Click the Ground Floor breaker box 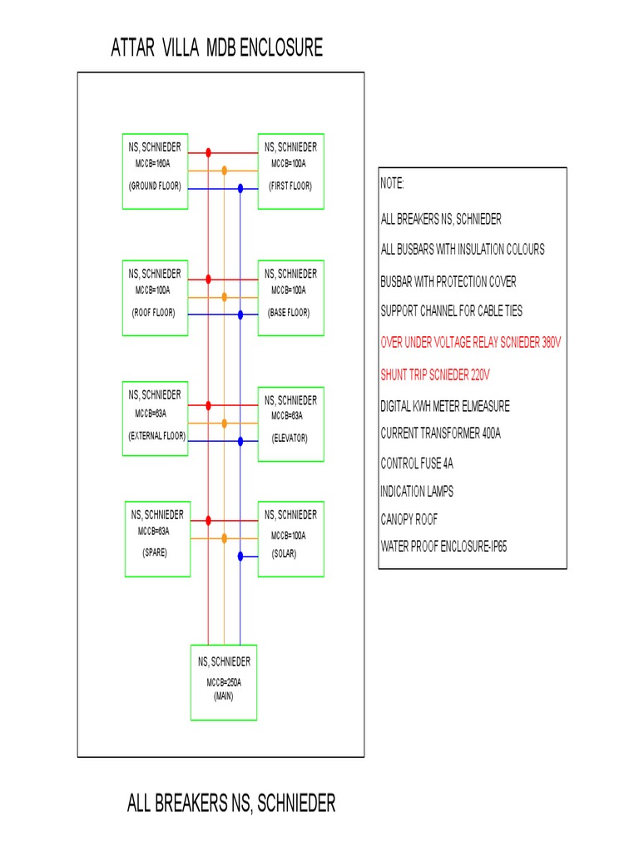pyautogui.click(x=155, y=171)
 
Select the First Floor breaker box pyautogui.click(x=290, y=171)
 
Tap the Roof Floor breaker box pyautogui.click(x=155, y=298)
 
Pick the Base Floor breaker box pyautogui.click(x=290, y=298)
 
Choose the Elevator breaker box pyautogui.click(x=290, y=424)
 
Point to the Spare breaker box pyautogui.click(x=155, y=538)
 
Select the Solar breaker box pyautogui.click(x=290, y=538)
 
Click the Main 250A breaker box pyautogui.click(x=224, y=681)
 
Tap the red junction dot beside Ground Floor pyautogui.click(x=208, y=152)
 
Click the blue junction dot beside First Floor pyautogui.click(x=240, y=189)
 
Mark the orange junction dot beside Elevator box pyautogui.click(x=224, y=424)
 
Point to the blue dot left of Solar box pyautogui.click(x=240, y=555)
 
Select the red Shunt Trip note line pyautogui.click(x=435, y=374)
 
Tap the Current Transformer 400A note pyautogui.click(x=440, y=433)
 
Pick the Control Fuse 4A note pyautogui.click(x=423, y=463)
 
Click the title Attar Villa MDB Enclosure pyautogui.click(x=217, y=49)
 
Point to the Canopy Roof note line pyautogui.click(x=409, y=519)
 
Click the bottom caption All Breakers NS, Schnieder pyautogui.click(x=231, y=804)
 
